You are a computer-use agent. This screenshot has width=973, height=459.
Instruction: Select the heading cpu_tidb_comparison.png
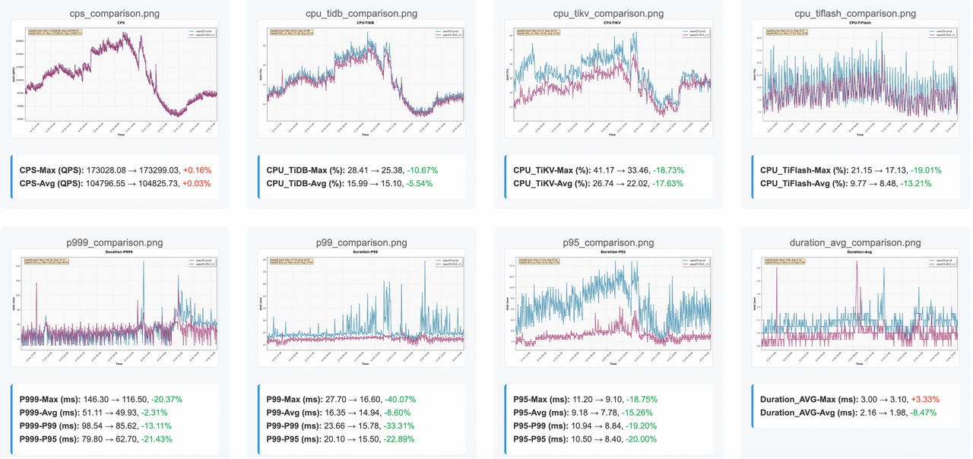coord(361,14)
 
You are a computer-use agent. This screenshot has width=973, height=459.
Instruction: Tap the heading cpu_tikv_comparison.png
coord(608,14)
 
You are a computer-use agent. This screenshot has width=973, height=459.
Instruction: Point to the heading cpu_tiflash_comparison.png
coord(855,14)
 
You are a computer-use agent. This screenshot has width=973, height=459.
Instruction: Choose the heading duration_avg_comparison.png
coord(855,242)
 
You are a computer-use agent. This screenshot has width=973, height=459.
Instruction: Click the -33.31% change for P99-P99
coord(415,426)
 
